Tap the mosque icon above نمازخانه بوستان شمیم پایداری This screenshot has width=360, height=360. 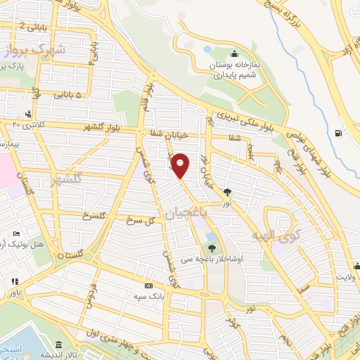pyautogui.click(x=235, y=55)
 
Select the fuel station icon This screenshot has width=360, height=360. pyautogui.click(x=340, y=132)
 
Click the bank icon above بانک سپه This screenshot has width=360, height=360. pyautogui.click(x=148, y=286)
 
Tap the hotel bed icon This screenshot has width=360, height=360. pyautogui.click(x=17, y=234)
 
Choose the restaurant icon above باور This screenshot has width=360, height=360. pyautogui.click(x=14, y=281)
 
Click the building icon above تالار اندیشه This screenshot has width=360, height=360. pyautogui.click(x=57, y=345)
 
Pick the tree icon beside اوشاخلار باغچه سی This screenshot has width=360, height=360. pyautogui.click(x=212, y=247)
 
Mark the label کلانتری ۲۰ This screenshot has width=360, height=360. pyautogui.click(x=27, y=124)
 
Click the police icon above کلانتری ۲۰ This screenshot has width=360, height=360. pyautogui.click(x=27, y=114)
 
